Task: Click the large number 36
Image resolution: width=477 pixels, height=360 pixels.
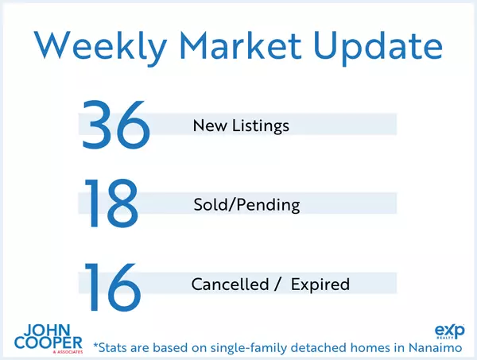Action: coord(116,124)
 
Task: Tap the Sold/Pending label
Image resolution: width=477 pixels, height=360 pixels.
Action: coord(246,205)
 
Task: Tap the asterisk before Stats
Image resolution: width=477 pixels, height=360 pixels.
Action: coord(96,345)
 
